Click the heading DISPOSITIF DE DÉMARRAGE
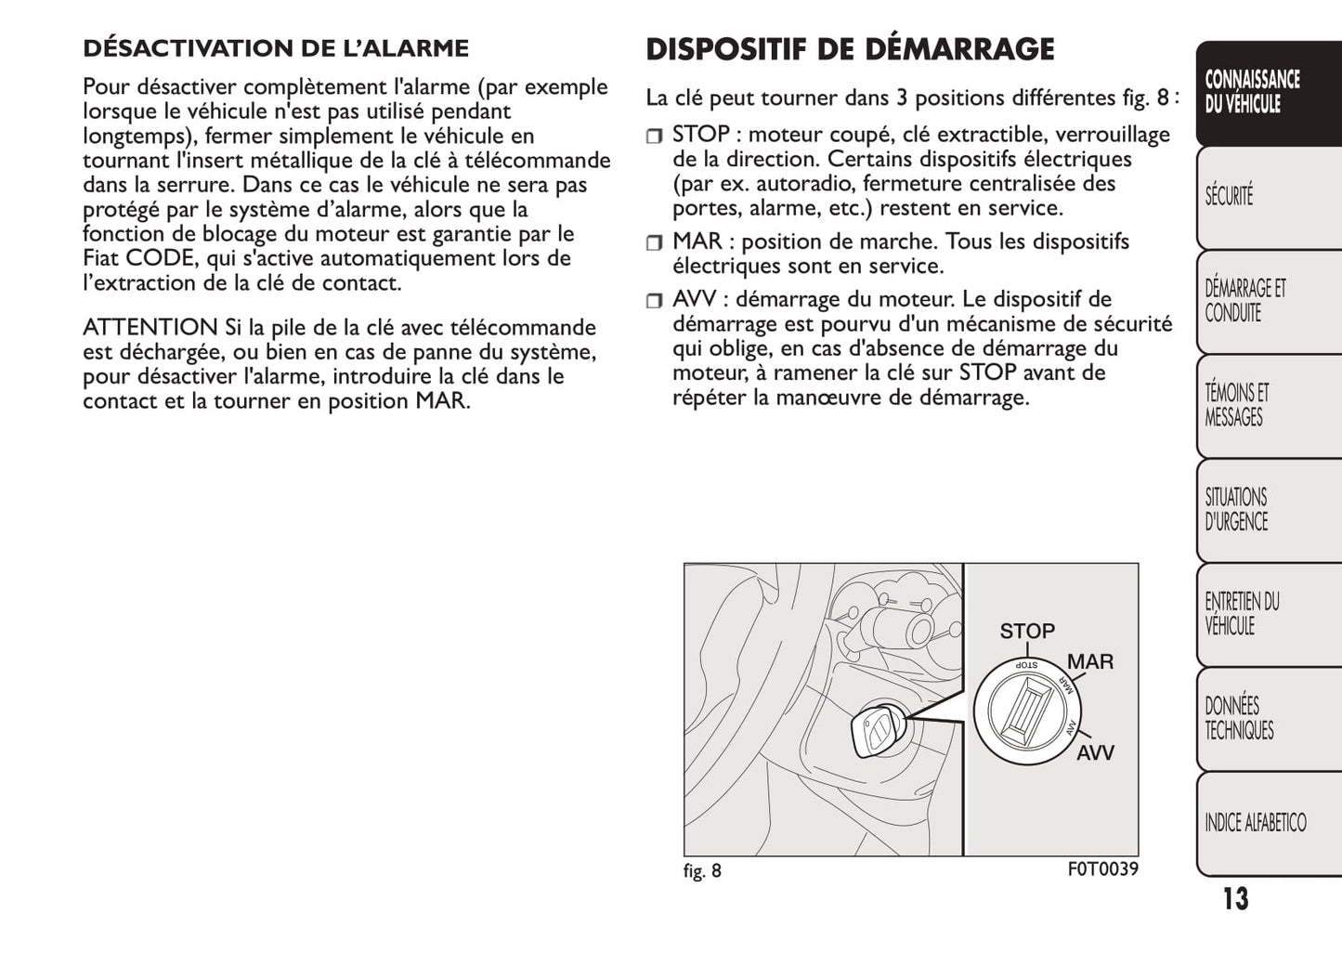[x=849, y=48]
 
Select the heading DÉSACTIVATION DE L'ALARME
[x=276, y=47]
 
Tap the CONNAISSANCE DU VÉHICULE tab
[x=1253, y=92]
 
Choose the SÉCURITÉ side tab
[x=1229, y=196]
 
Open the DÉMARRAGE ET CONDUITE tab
[x=1245, y=301]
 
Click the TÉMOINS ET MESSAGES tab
[x=1236, y=405]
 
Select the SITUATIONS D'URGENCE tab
[x=1236, y=509]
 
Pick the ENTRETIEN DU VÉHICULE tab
[x=1242, y=613]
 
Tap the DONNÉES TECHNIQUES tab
[x=1239, y=718]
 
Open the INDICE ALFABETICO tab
[x=1255, y=822]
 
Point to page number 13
[x=1235, y=899]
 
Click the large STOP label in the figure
[x=1026, y=632]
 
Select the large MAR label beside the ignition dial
[x=1089, y=662]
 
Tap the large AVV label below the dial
[x=1095, y=753]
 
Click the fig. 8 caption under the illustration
[x=702, y=871]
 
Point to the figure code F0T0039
[x=1102, y=869]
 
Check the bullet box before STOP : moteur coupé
[x=655, y=137]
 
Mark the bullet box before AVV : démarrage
[x=655, y=301]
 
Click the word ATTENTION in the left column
[x=150, y=327]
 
